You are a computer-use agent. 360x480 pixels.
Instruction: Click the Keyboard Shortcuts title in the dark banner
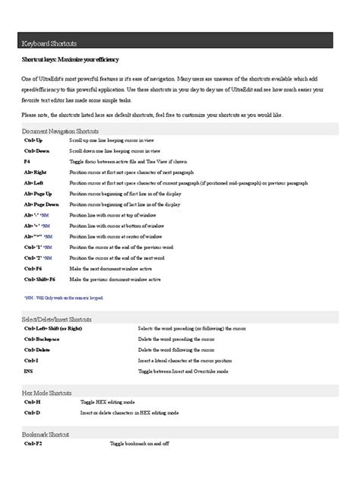click(x=49, y=44)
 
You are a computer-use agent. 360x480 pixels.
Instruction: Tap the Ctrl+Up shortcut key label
click(x=33, y=141)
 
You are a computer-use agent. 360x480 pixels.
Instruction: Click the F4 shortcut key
click(x=27, y=163)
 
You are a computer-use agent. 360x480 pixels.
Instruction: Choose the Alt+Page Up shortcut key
click(x=38, y=194)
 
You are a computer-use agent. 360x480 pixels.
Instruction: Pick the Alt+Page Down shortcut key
click(x=41, y=205)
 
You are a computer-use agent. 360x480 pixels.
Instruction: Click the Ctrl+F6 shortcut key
click(x=33, y=269)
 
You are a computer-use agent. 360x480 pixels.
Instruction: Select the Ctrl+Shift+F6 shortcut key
click(x=39, y=279)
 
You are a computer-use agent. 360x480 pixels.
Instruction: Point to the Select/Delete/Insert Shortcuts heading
click(x=58, y=320)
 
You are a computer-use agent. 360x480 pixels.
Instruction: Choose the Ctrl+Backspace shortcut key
click(x=42, y=339)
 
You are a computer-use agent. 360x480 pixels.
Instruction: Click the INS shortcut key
click(x=28, y=371)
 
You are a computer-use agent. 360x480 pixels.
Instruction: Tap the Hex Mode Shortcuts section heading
click(x=47, y=393)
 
